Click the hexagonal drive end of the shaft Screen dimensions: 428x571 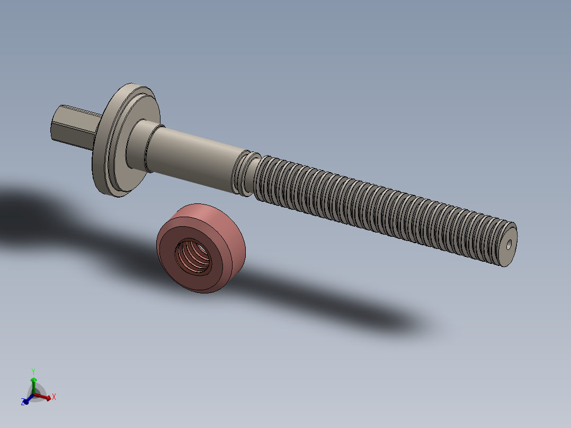click(x=72, y=127)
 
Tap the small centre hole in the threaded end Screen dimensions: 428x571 click(x=509, y=245)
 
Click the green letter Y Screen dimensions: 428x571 click(x=33, y=371)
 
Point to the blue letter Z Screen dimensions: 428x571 click(x=23, y=403)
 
